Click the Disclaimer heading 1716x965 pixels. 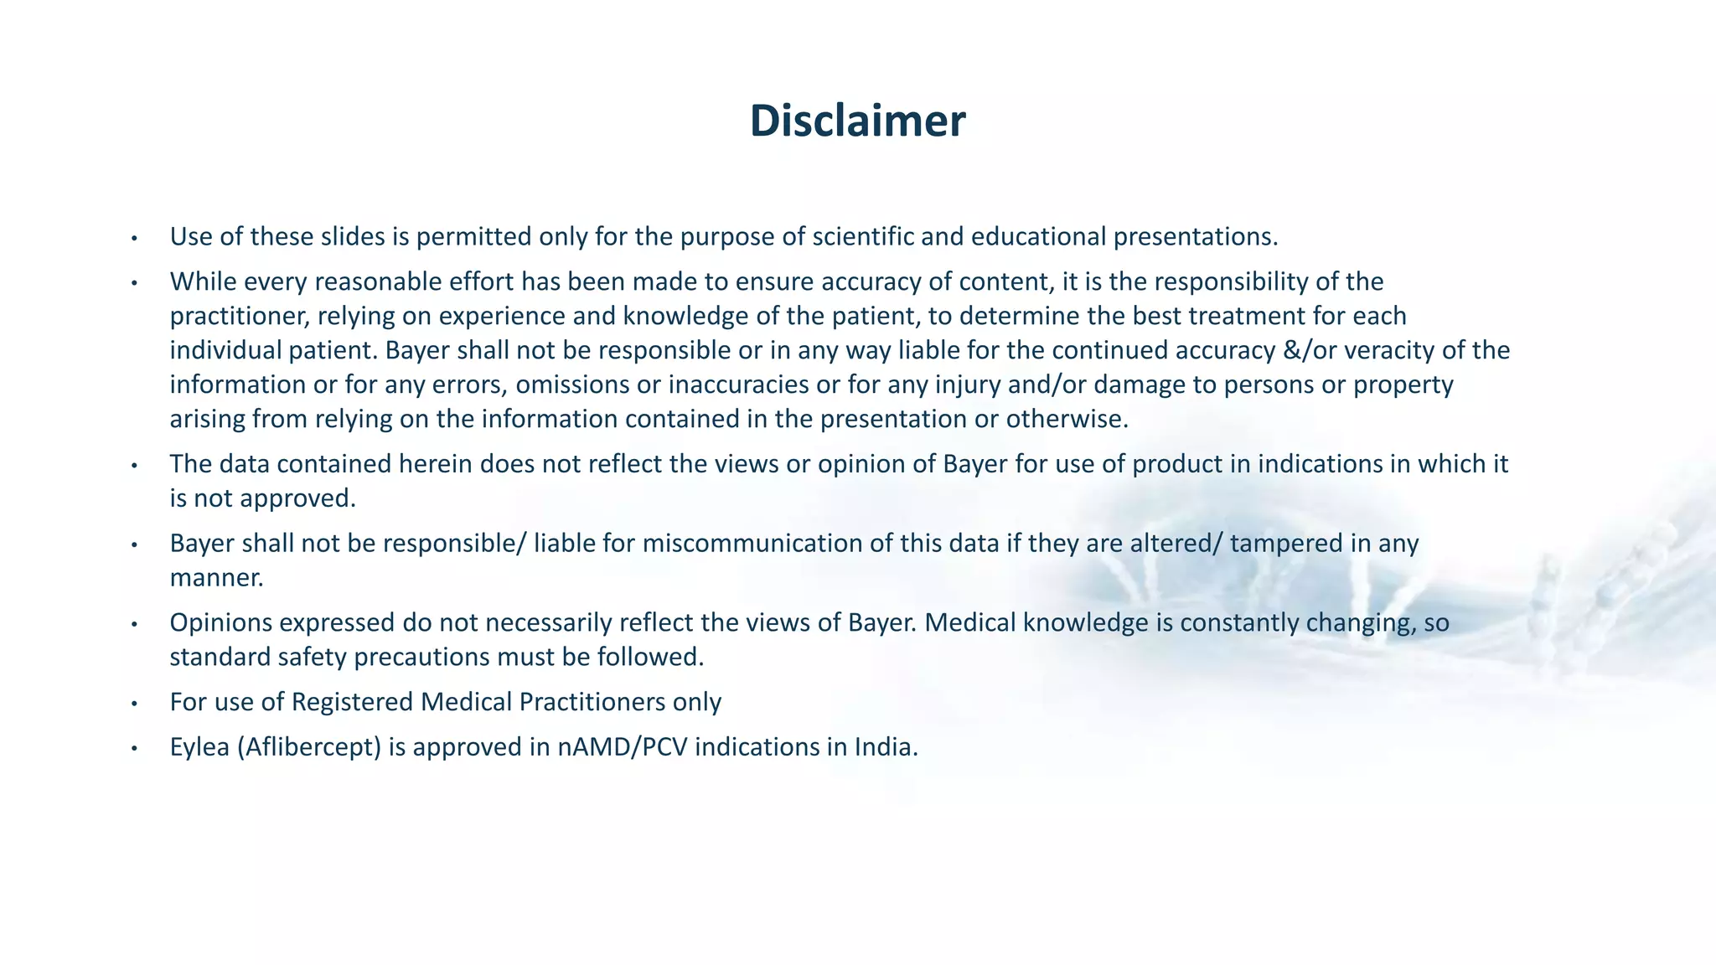pos(857,121)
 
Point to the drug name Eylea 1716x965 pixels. pos(199,747)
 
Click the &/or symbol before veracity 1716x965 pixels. pos(1310,350)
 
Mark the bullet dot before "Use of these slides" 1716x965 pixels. pos(133,239)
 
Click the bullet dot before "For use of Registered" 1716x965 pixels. pos(133,704)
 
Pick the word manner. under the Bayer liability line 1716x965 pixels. pos(216,578)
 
